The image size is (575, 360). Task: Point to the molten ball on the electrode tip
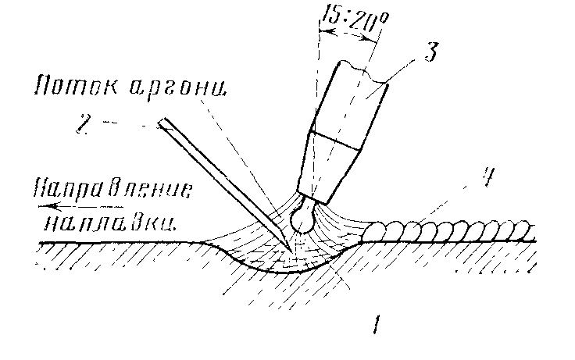[302, 219]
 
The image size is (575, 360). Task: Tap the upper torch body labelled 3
[352, 98]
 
